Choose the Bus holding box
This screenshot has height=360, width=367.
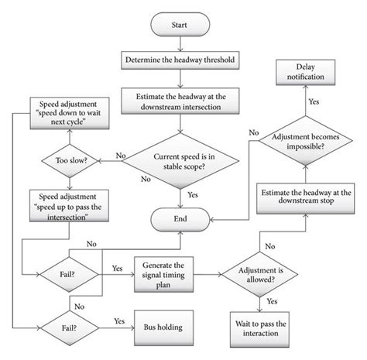click(x=162, y=327)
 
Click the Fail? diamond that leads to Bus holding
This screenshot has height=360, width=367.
click(x=63, y=327)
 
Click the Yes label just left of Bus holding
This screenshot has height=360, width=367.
click(x=119, y=320)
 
